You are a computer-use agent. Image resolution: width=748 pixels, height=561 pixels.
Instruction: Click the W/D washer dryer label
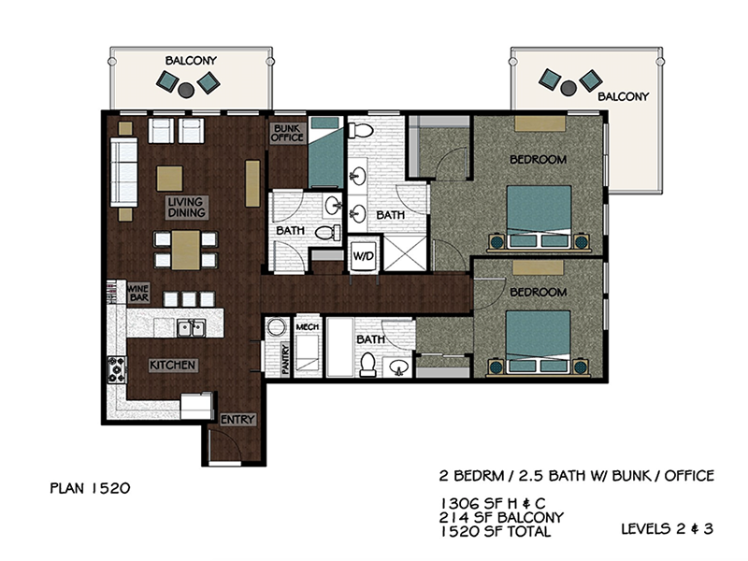[364, 256]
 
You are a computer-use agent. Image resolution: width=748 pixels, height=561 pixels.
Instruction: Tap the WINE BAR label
[138, 293]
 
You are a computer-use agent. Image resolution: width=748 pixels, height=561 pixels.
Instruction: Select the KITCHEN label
[173, 366]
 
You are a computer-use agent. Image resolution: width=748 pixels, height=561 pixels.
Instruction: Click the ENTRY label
[237, 420]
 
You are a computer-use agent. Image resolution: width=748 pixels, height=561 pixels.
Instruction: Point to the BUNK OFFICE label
[288, 134]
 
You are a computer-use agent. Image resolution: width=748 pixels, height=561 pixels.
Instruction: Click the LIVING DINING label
[187, 208]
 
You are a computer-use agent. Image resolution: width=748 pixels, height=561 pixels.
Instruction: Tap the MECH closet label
[308, 327]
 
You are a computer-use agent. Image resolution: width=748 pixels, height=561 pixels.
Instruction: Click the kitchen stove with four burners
[117, 369]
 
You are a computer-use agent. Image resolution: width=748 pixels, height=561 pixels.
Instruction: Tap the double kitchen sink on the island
[191, 328]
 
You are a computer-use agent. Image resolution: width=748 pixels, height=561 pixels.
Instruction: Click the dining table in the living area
[186, 250]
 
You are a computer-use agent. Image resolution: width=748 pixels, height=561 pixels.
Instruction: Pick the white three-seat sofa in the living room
[124, 172]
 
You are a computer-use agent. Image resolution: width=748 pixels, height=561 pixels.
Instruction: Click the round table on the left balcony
[186, 90]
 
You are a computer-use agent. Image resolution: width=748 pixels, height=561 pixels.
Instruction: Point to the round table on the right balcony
[568, 88]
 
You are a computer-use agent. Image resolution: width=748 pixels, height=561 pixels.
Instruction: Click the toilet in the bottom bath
[367, 364]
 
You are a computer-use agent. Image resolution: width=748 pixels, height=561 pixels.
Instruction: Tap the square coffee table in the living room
[169, 179]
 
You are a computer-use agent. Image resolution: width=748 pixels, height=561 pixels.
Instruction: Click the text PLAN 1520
[90, 488]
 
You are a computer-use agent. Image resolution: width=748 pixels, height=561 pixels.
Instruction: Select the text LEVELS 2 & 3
[667, 528]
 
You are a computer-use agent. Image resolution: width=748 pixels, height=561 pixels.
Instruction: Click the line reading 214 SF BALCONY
[501, 517]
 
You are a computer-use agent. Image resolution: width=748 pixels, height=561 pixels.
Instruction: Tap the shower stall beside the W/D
[406, 253]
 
